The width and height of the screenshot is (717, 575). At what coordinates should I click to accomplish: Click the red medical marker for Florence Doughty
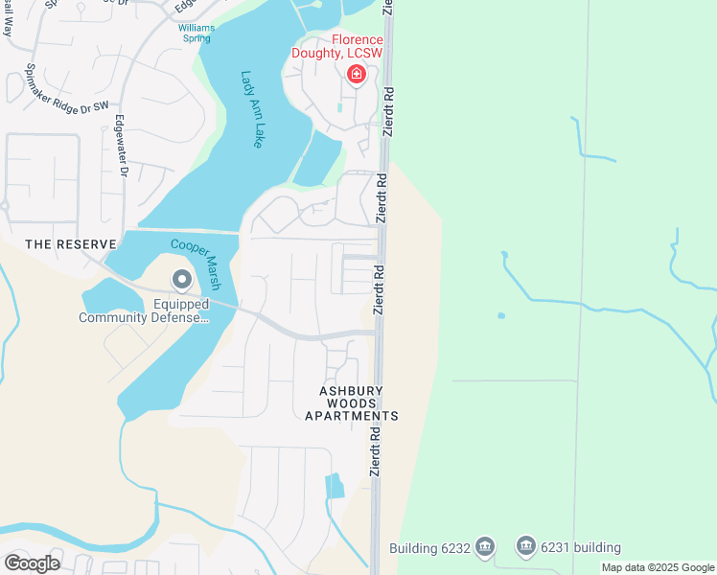(357, 74)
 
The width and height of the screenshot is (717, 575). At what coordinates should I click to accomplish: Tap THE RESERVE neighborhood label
(71, 244)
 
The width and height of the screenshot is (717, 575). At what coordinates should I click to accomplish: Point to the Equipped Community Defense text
(143, 311)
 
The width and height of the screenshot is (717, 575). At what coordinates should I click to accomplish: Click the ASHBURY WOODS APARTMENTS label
(351, 403)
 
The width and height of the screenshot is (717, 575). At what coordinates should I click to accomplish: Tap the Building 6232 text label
(429, 548)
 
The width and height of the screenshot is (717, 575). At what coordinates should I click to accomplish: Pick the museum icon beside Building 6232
(485, 546)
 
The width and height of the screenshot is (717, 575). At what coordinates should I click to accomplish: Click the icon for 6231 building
(526, 546)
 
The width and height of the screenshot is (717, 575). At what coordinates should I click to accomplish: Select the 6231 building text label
(580, 547)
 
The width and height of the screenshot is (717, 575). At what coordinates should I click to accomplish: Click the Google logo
(32, 563)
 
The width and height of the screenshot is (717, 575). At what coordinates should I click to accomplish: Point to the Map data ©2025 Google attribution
(658, 567)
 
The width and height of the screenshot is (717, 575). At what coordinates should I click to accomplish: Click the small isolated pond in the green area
(500, 315)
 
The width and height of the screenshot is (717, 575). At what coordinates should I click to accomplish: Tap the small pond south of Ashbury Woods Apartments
(335, 486)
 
